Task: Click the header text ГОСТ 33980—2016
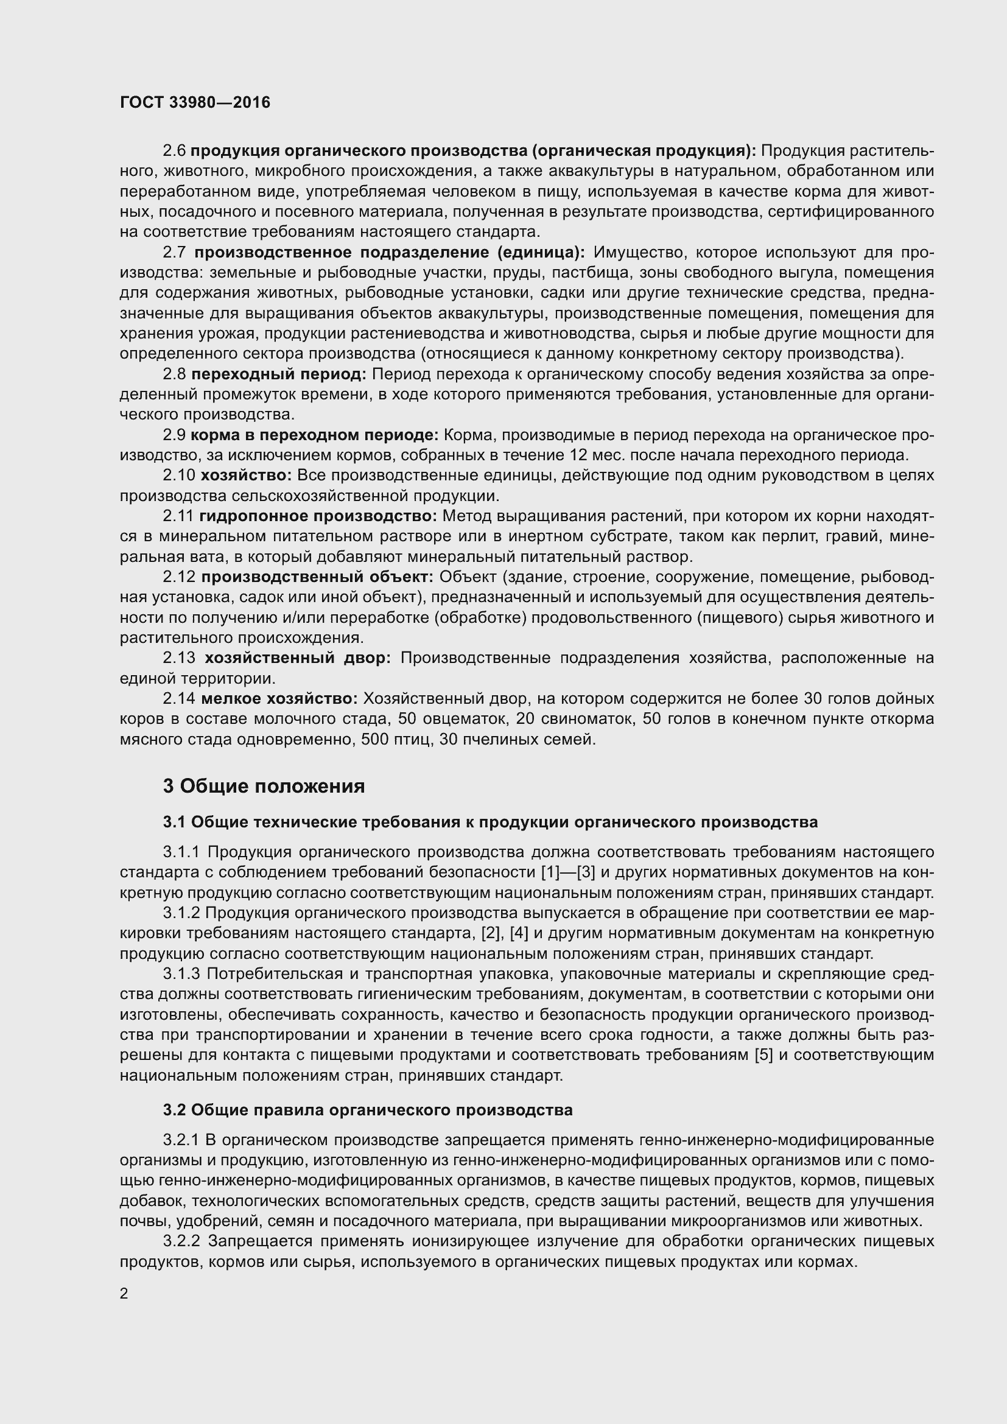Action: click(x=195, y=102)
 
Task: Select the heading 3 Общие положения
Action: click(x=264, y=787)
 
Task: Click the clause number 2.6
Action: click(x=174, y=151)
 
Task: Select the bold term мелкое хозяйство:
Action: click(x=279, y=699)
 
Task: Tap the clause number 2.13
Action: click(x=179, y=658)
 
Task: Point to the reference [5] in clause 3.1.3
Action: click(x=763, y=1055)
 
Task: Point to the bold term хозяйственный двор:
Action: click(x=298, y=658)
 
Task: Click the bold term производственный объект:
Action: click(x=317, y=577)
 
